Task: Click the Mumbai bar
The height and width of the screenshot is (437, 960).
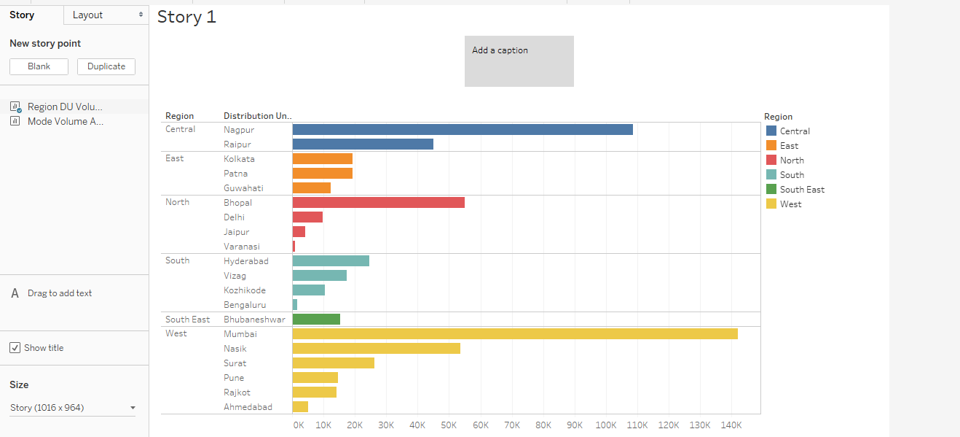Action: (515, 333)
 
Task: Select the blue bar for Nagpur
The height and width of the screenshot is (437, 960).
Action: (463, 129)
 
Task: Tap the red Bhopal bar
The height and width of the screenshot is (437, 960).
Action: (378, 202)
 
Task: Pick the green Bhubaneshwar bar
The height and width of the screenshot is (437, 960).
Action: (316, 319)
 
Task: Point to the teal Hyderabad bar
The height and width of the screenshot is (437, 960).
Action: (331, 260)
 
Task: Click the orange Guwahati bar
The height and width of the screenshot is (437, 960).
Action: (312, 187)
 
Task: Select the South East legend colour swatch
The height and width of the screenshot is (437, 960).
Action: (771, 189)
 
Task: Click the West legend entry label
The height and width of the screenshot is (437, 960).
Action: (790, 204)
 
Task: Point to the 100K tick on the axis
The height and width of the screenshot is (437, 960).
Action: (606, 425)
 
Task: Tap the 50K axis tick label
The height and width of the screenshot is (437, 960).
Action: (449, 425)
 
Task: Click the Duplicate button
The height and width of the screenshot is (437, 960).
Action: (106, 66)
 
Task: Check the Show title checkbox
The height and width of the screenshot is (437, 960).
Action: (15, 348)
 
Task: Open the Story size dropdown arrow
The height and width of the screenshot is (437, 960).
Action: (133, 408)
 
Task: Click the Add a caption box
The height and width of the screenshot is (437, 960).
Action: (519, 61)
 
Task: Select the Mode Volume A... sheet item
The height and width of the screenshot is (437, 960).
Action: (65, 122)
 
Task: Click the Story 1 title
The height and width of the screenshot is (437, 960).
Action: (186, 17)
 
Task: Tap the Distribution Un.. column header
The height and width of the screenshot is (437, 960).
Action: (257, 116)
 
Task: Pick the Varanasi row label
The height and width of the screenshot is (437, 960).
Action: (241, 247)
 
